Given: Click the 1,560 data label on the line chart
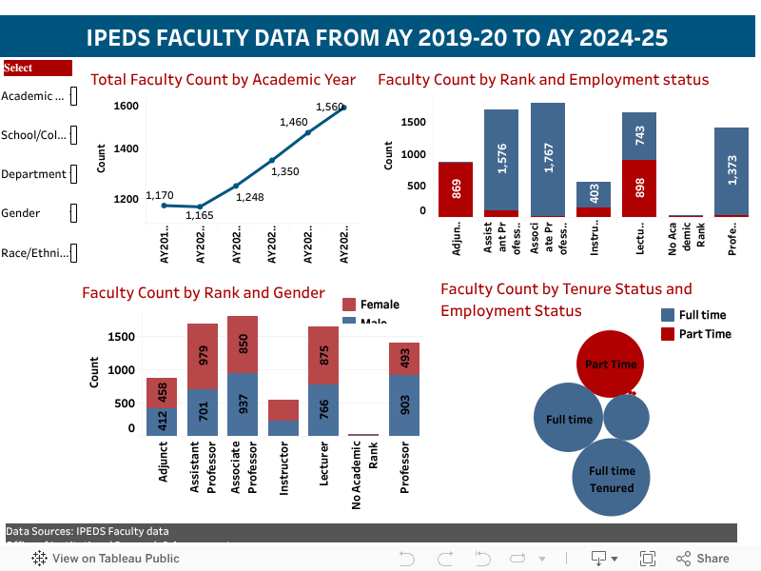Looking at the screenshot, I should coord(328,107).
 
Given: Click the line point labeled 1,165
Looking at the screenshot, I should coord(200,207).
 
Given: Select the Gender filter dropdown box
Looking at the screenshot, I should coord(73,213).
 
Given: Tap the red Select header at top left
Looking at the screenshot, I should coord(37,68).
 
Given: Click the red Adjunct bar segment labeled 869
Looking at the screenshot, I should coord(455,189).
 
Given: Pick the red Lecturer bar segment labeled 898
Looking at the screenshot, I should coord(639,188).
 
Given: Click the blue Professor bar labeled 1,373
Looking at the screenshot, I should coord(732,171).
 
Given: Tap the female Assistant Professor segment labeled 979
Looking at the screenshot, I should coord(203,356).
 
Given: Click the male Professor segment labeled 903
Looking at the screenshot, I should coord(403,404).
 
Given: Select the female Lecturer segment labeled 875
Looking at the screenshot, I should coord(323,355).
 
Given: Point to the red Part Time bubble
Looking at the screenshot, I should coord(611,364).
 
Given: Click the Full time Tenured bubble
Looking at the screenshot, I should coord(611,479).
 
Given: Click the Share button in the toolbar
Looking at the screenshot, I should coord(703,559).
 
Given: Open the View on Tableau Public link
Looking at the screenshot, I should coord(106,559).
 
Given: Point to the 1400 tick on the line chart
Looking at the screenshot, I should coord(126,148).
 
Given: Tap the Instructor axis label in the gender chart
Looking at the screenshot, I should coord(283,467).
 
